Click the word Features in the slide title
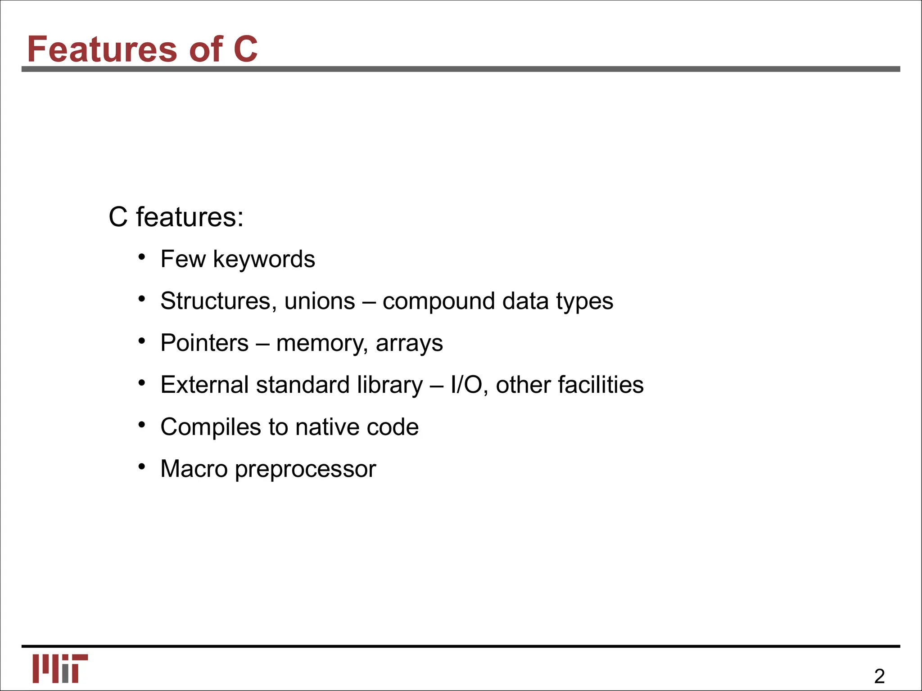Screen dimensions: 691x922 pos(102,49)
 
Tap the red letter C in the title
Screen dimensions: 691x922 pos(245,49)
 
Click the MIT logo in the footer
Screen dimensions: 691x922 pos(60,669)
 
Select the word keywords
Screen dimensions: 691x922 pos(264,260)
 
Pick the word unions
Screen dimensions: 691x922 pos(320,301)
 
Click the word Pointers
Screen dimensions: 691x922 pos(204,343)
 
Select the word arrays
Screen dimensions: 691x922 pos(409,344)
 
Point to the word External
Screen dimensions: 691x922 pos(204,385)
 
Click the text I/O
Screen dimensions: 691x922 pos(466,385)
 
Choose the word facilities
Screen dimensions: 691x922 pos(601,385)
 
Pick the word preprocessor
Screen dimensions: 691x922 pos(305,470)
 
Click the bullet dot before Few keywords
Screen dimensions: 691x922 pos(142,257)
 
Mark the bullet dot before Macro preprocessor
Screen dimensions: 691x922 pos(142,467)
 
